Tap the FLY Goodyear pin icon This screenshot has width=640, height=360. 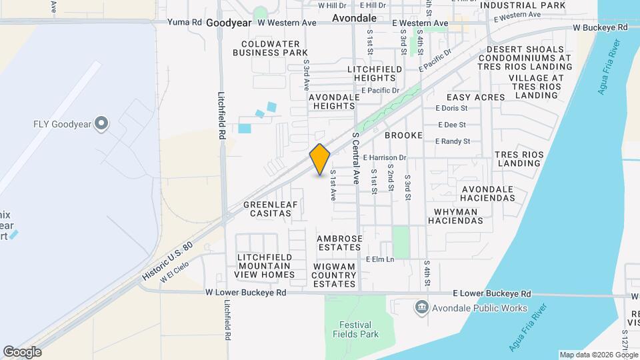click(101, 123)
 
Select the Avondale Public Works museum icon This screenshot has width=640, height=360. click(421, 307)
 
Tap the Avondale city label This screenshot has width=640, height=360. click(354, 17)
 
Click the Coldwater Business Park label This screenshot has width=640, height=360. click(269, 48)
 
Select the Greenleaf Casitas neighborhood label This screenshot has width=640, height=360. click(267, 209)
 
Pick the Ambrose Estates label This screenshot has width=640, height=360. click(339, 243)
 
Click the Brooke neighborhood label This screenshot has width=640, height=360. click(403, 135)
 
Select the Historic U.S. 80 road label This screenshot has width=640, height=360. click(167, 261)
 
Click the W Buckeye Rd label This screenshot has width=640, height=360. click(601, 28)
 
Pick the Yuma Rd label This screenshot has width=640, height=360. click(184, 22)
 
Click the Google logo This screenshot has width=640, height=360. click(22, 351)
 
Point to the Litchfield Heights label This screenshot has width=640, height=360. click(375, 74)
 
